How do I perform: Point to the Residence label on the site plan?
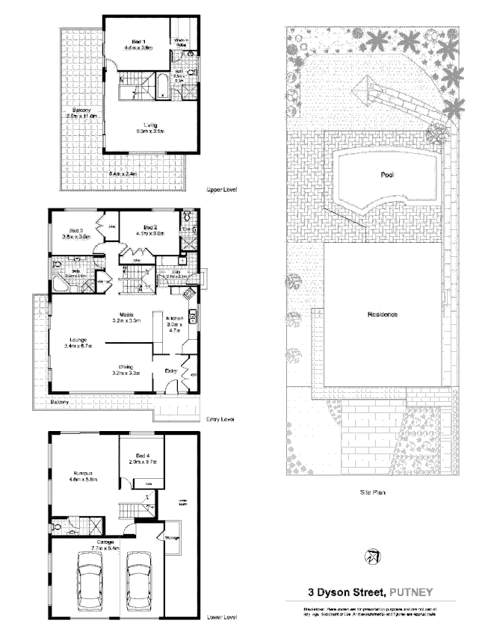point(381,315)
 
